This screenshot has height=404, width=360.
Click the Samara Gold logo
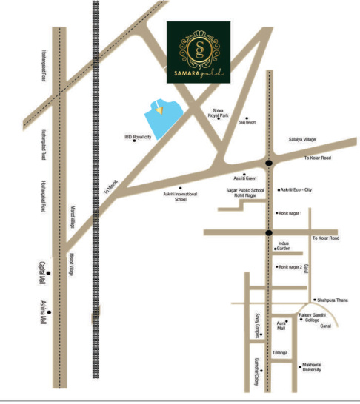click(x=199, y=53)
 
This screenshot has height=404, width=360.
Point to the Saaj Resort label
click(x=247, y=122)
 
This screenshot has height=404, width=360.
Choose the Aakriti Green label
click(x=244, y=179)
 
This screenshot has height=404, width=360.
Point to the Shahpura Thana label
click(x=333, y=300)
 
